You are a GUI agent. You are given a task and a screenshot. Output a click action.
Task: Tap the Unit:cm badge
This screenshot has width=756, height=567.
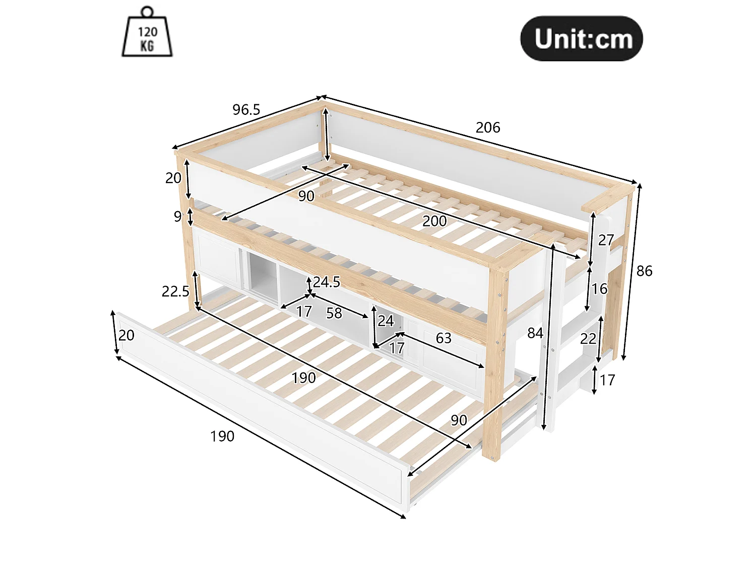pos(582,39)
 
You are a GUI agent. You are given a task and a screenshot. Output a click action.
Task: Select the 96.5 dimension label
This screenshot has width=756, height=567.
pos(246,110)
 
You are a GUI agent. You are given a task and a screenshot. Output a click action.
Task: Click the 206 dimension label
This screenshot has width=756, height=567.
pos(488,128)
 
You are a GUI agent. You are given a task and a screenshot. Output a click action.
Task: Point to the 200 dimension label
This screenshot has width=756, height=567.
pos(434,221)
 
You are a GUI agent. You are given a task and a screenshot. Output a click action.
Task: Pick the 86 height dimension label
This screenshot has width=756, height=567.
pos(644,271)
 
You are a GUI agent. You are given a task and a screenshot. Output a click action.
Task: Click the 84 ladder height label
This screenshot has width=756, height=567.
pos(535,333)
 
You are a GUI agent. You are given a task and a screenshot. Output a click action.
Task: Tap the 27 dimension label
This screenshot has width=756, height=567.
pos(606,240)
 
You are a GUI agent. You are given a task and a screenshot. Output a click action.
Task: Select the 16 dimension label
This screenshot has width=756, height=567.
pos(599,289)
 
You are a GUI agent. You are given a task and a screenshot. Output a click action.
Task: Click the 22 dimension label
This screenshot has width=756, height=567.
pos(588,339)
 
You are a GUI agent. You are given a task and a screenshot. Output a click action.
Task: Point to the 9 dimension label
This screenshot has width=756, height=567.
pos(177,217)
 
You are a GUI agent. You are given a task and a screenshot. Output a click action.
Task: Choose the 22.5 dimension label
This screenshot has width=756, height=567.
pos(176,292)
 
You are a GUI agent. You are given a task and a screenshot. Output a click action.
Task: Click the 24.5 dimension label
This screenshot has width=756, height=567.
pos(327,282)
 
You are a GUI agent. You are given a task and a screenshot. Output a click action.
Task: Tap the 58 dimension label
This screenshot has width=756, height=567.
pos(334,313)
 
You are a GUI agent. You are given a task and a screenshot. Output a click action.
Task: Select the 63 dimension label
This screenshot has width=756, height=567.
pos(444,338)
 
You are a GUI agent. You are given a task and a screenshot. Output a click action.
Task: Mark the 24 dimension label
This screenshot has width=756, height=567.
pos(386,321)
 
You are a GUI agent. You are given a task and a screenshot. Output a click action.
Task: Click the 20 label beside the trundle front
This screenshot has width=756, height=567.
pos(127,335)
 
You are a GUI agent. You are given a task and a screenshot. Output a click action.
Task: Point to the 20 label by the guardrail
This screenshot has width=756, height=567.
pos(173,178)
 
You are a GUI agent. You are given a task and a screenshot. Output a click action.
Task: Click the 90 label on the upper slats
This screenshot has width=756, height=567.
pos(306,196)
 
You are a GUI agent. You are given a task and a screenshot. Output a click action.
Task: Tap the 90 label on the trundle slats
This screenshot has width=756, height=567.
pos(459,420)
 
